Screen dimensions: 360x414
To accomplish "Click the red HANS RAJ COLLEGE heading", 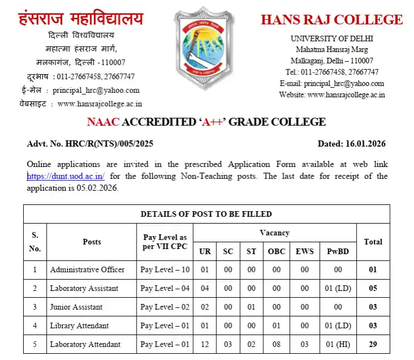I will pos(331,20).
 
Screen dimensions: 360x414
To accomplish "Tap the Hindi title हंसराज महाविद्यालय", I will pos(81,19).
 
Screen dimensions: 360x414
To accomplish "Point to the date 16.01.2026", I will pos(366,144).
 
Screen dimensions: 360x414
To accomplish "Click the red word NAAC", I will pos(104,122).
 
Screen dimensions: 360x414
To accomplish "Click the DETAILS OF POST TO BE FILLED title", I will pos(206,214).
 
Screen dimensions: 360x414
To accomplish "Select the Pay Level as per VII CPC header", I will pos(164,242).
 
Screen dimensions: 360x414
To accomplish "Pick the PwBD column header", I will pos(338,251).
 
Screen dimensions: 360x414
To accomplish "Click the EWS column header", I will pos(305,251).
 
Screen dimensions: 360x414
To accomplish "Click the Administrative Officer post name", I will pos(87,269).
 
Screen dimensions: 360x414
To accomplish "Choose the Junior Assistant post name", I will pos(76,307).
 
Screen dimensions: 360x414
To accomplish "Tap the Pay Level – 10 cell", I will pos(165,269).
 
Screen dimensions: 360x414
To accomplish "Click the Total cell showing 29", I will pos(373,344).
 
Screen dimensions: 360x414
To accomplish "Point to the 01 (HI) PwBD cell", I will pos(338,344).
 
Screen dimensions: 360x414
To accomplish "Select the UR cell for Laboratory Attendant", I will pos(204,344).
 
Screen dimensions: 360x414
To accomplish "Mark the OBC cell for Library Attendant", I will pos(276,325).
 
